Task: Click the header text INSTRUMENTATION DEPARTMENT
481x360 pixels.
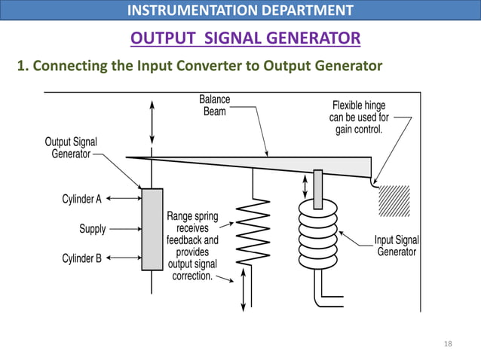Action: pyautogui.click(x=240, y=11)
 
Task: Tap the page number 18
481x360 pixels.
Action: pyautogui.click(x=448, y=344)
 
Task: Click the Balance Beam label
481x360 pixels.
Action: pyautogui.click(x=215, y=105)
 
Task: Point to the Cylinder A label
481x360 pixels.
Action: pyautogui.click(x=81, y=199)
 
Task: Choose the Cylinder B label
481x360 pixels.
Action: pyautogui.click(x=81, y=258)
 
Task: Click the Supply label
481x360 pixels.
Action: pyautogui.click(x=93, y=228)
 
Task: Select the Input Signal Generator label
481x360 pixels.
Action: pyautogui.click(x=396, y=246)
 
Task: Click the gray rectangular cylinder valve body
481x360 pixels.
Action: pyautogui.click(x=152, y=229)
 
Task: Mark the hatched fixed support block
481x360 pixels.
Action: pyautogui.click(x=394, y=200)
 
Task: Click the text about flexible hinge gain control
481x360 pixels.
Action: pyautogui.click(x=359, y=117)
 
